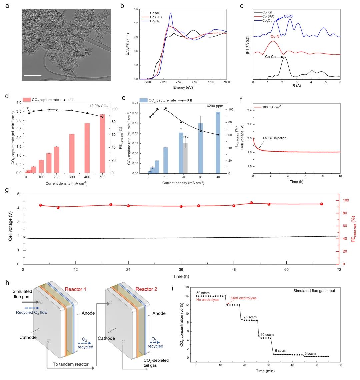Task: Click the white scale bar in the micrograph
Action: [x=33, y=75]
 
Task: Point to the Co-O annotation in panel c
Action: [x=289, y=16]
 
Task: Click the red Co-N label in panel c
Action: [x=275, y=37]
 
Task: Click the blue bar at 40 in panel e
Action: [x=218, y=142]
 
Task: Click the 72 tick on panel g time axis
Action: [x=339, y=269]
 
